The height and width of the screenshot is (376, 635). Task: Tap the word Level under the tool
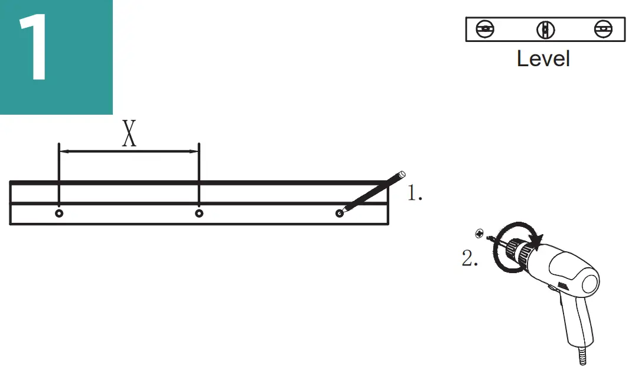click(543, 59)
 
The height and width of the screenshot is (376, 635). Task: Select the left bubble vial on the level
click(485, 29)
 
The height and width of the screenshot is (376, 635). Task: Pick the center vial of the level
click(545, 30)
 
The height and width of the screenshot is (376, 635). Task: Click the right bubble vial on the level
click(604, 29)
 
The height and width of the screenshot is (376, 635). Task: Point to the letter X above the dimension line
click(129, 133)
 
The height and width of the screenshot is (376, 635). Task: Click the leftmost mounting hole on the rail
click(59, 213)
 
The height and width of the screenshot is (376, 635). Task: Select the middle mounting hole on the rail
click(199, 213)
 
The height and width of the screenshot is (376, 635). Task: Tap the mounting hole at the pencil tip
click(340, 213)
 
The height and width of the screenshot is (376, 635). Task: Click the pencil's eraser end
click(402, 174)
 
